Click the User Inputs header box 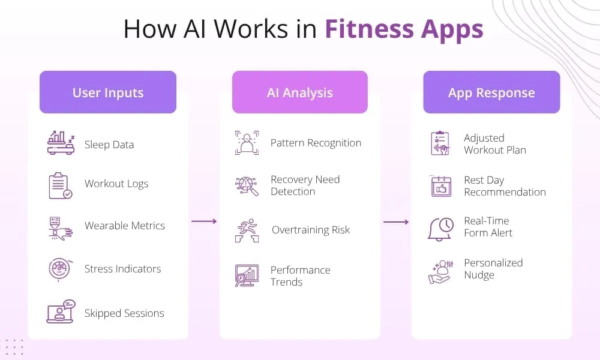coord(108,92)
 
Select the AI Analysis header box coord(300,92)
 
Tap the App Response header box coord(491,92)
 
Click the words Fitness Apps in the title coord(404,29)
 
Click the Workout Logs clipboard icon coord(60,185)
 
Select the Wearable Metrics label coord(125,226)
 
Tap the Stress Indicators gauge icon coord(60,269)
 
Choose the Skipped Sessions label coord(124,313)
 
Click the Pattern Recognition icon coord(247,143)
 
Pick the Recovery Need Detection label coord(305,185)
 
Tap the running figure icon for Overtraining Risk coord(247,230)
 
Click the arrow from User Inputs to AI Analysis coord(204,221)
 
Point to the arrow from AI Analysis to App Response coord(396,222)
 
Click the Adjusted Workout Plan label coord(494,144)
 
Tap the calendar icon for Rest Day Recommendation coord(440,186)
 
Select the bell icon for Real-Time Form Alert coord(440,228)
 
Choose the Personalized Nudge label coord(493,269)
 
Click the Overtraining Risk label coord(311,230)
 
